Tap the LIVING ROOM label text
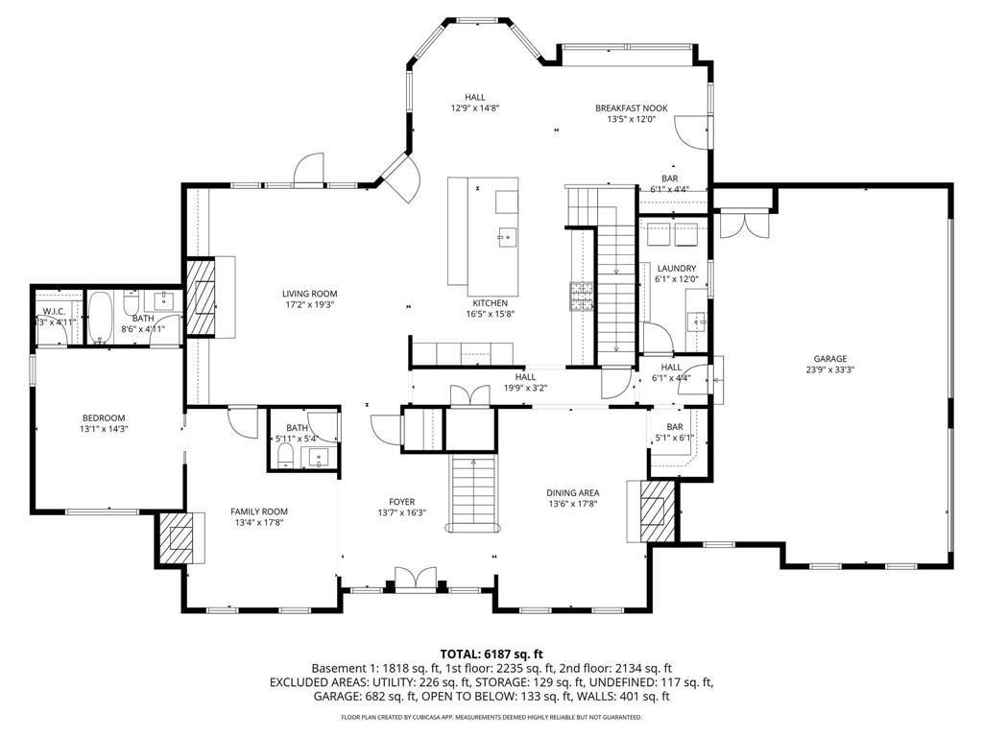(309, 294)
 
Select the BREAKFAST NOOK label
(631, 108)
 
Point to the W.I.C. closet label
(53, 311)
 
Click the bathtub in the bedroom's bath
(101, 318)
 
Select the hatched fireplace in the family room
(180, 538)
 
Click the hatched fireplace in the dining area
(654, 505)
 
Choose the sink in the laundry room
(696, 319)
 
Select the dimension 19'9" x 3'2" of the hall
(524, 388)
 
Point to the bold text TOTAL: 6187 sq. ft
(491, 653)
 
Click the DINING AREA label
(573, 492)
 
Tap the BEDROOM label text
(104, 417)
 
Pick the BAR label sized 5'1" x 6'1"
(674, 427)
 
